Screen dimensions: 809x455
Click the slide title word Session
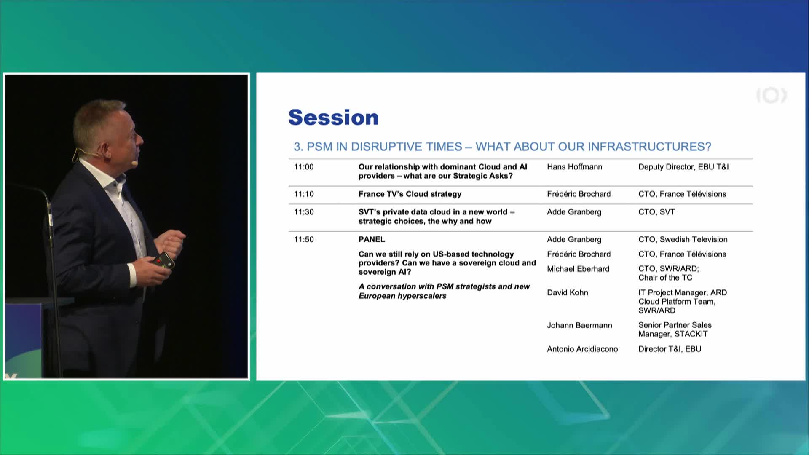click(333, 118)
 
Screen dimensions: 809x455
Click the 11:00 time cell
click(304, 167)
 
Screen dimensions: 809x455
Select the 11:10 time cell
click(304, 194)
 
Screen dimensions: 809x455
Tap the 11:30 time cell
click(304, 212)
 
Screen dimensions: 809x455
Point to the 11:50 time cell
click(304, 239)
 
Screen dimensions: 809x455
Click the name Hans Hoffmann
click(575, 167)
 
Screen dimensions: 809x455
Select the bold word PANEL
click(372, 239)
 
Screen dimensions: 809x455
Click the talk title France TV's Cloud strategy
click(410, 194)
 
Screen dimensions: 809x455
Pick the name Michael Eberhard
click(578, 269)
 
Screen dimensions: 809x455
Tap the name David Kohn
click(568, 292)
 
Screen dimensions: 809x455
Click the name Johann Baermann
click(579, 325)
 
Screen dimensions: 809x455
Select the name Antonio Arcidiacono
click(582, 349)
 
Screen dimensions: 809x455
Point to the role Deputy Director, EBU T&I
click(683, 167)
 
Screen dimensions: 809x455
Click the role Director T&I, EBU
click(670, 349)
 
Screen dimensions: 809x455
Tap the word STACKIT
click(691, 334)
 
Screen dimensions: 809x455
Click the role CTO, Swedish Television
click(683, 239)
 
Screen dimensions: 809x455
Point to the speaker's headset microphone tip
click(134, 162)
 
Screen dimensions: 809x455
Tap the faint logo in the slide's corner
click(771, 96)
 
